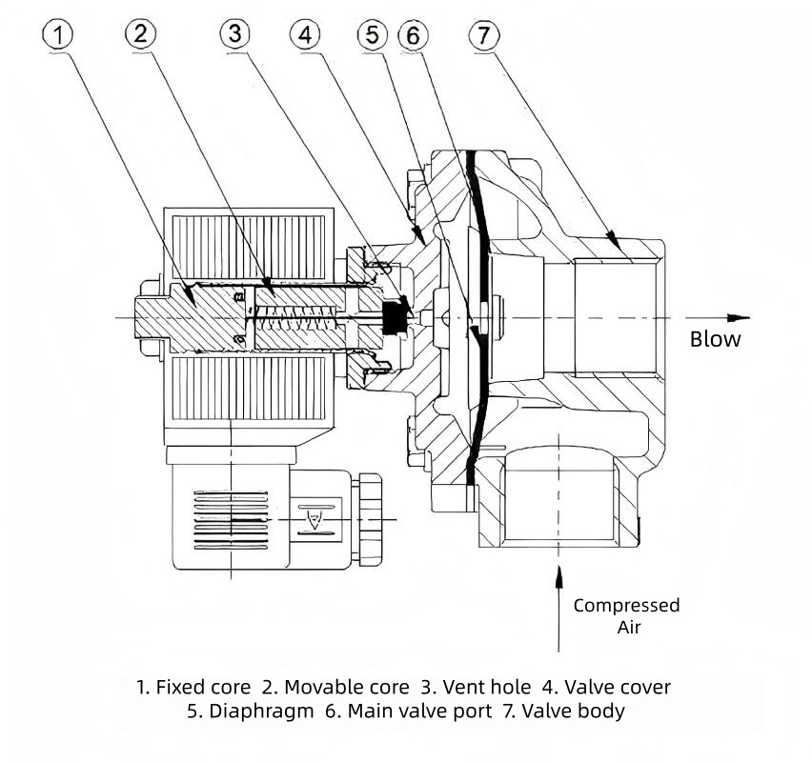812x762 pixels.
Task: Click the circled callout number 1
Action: [x=58, y=35]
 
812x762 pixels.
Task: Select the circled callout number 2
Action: [x=141, y=35]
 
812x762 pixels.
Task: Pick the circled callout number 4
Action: [x=304, y=35]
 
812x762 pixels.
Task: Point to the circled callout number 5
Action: [x=373, y=35]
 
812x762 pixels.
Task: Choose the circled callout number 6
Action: [x=413, y=35]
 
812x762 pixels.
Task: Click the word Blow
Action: [x=715, y=339]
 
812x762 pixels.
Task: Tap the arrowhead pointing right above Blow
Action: [x=740, y=317]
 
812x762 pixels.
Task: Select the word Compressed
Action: [x=626, y=605]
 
